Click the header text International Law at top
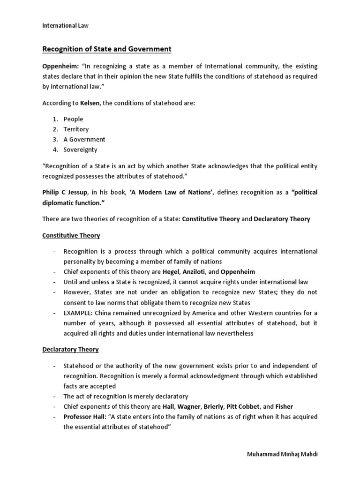click(66, 26)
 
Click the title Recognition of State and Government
click(107, 49)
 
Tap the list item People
click(73, 119)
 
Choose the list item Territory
click(76, 129)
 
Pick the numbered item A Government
click(84, 139)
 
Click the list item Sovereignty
click(81, 150)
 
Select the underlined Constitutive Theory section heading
click(71, 235)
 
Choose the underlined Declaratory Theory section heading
click(71, 350)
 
